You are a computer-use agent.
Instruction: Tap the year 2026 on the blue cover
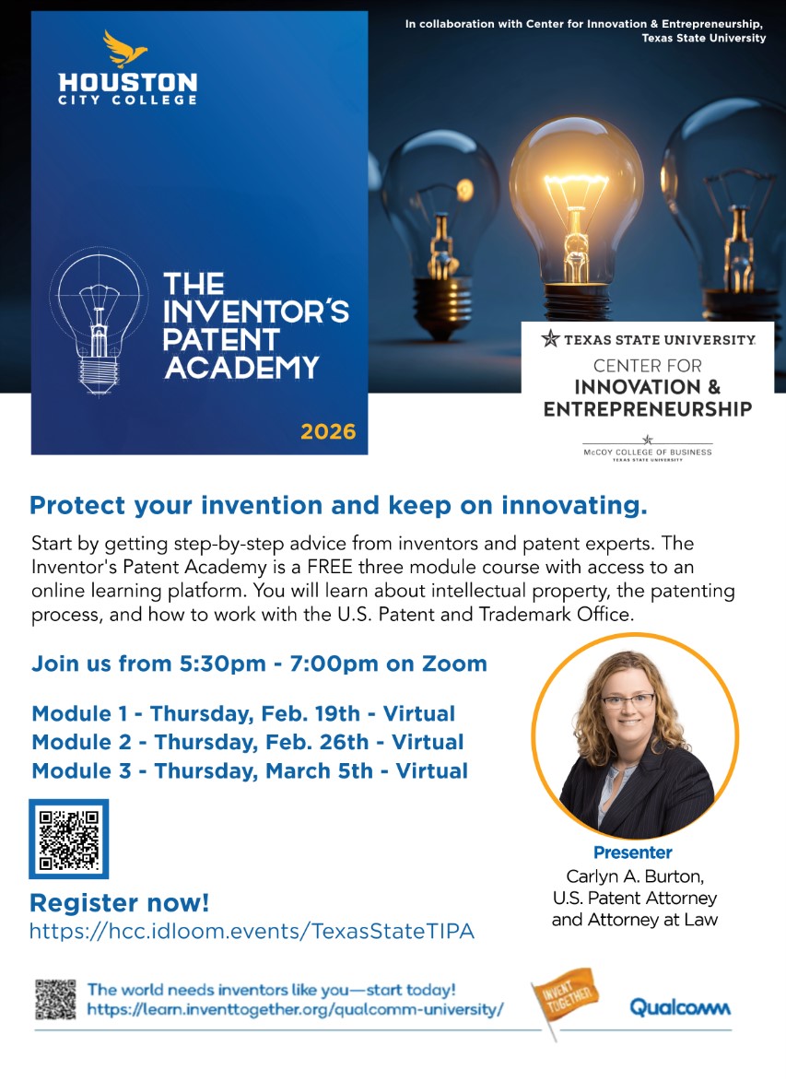[x=327, y=431]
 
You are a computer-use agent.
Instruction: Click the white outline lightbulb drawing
[x=98, y=318]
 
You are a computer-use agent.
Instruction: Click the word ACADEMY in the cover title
[x=241, y=367]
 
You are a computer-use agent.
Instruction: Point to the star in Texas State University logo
[x=550, y=338]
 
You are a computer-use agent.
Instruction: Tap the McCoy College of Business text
[x=647, y=452]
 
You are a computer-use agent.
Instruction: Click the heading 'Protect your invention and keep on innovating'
[x=338, y=505]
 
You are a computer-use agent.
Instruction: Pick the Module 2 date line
[x=247, y=742]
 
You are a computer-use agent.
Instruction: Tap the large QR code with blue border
[x=69, y=839]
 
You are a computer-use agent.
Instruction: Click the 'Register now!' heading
[x=120, y=902]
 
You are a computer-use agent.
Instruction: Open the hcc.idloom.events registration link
[x=252, y=931]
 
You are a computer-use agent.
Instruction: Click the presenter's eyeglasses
[x=629, y=701]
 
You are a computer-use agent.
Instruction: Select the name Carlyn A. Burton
[x=634, y=875]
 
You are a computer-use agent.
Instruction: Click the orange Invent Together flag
[x=564, y=994]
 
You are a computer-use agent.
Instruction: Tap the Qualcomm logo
[x=680, y=1006]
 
